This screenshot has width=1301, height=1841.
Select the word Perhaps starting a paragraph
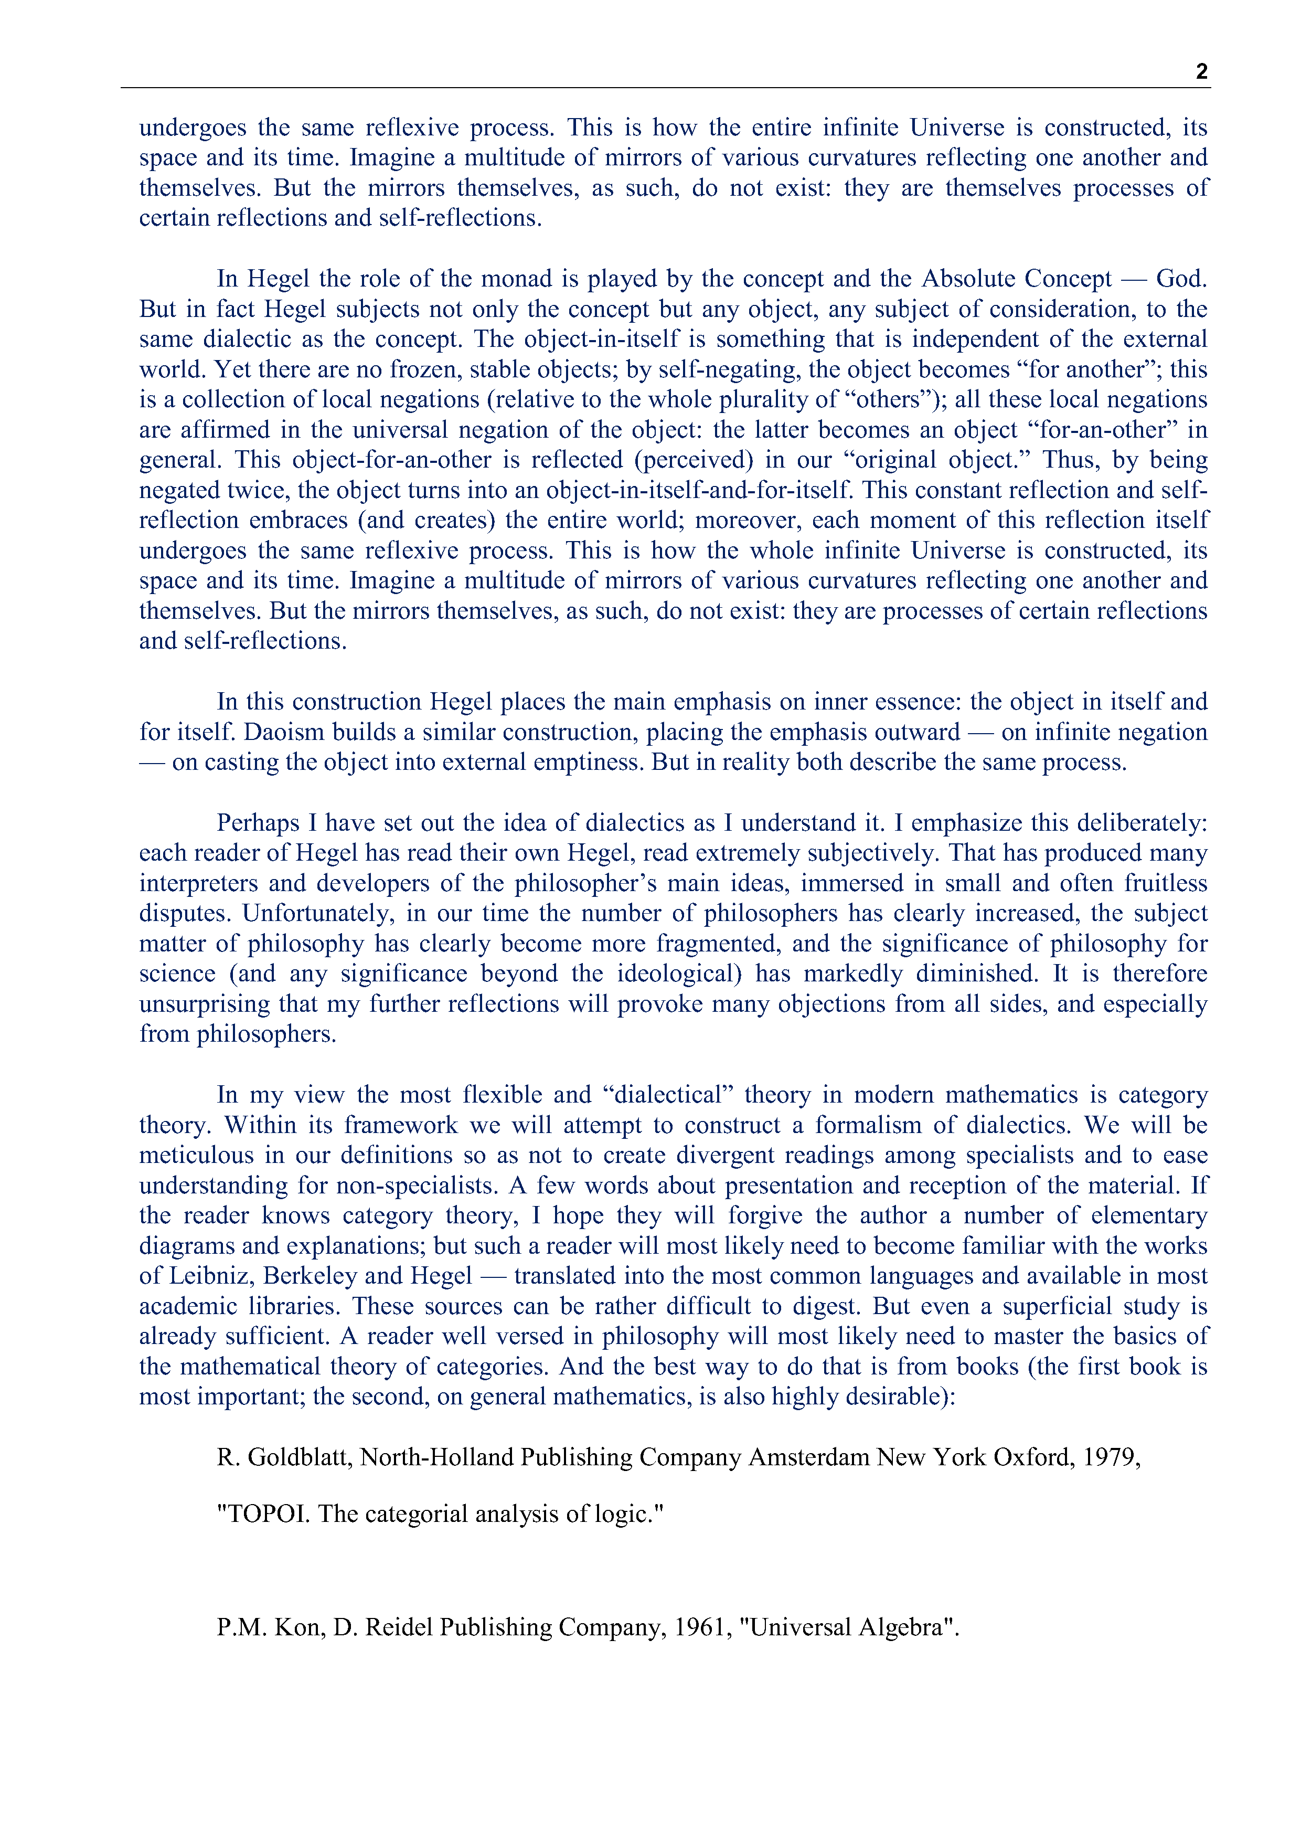tap(257, 823)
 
